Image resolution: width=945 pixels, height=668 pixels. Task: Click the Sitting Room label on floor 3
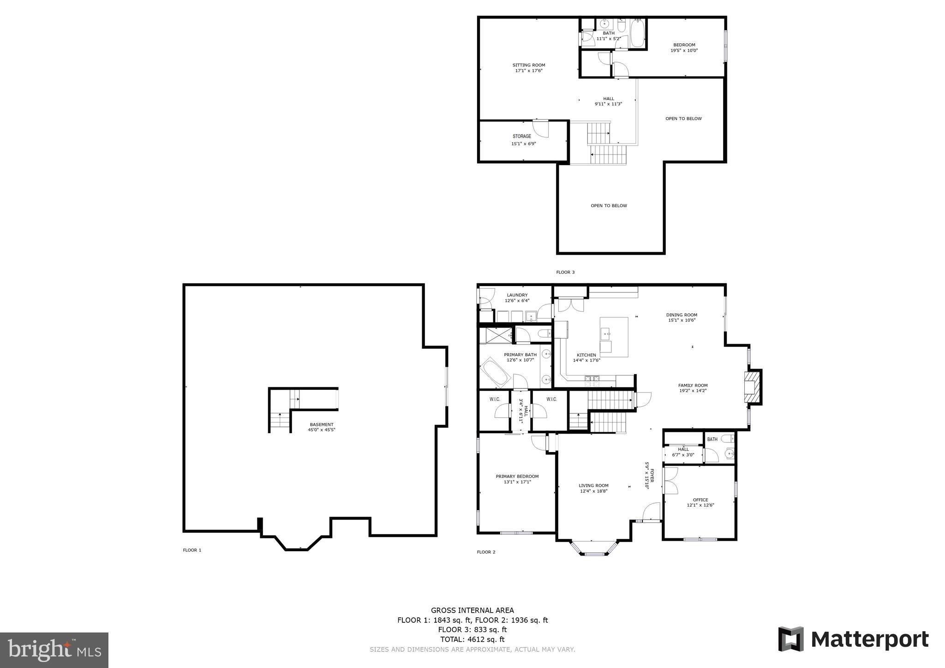[x=529, y=65]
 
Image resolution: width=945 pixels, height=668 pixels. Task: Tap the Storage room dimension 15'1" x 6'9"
[x=523, y=143]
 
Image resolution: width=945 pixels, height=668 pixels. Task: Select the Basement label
[x=321, y=424]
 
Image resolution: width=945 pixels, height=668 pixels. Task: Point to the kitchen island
[x=614, y=337]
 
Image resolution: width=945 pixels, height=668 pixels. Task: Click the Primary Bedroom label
[x=517, y=476]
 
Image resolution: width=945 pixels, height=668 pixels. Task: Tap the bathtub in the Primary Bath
[x=495, y=374]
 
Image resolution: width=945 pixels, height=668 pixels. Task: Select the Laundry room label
[x=517, y=295]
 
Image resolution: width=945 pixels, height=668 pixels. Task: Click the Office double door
[x=670, y=481]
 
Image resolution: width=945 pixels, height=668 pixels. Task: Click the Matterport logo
[x=853, y=639]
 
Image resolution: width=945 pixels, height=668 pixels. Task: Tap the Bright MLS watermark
[x=54, y=650]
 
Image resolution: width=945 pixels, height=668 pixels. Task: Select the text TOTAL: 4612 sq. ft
[x=472, y=639]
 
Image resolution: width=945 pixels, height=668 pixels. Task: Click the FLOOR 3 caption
[x=565, y=272]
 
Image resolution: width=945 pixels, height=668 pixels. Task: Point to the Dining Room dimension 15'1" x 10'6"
[x=682, y=320]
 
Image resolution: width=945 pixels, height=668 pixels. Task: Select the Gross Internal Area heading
[x=472, y=610]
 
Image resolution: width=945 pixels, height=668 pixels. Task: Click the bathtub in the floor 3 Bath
[x=637, y=33]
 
